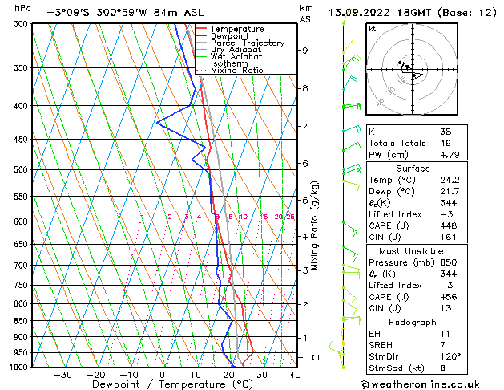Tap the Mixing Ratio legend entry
(x=236, y=71)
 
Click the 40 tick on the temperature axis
(x=295, y=375)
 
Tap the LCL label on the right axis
(x=315, y=357)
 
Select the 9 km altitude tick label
(x=305, y=51)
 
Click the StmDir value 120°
(x=449, y=357)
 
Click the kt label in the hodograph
(x=373, y=28)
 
